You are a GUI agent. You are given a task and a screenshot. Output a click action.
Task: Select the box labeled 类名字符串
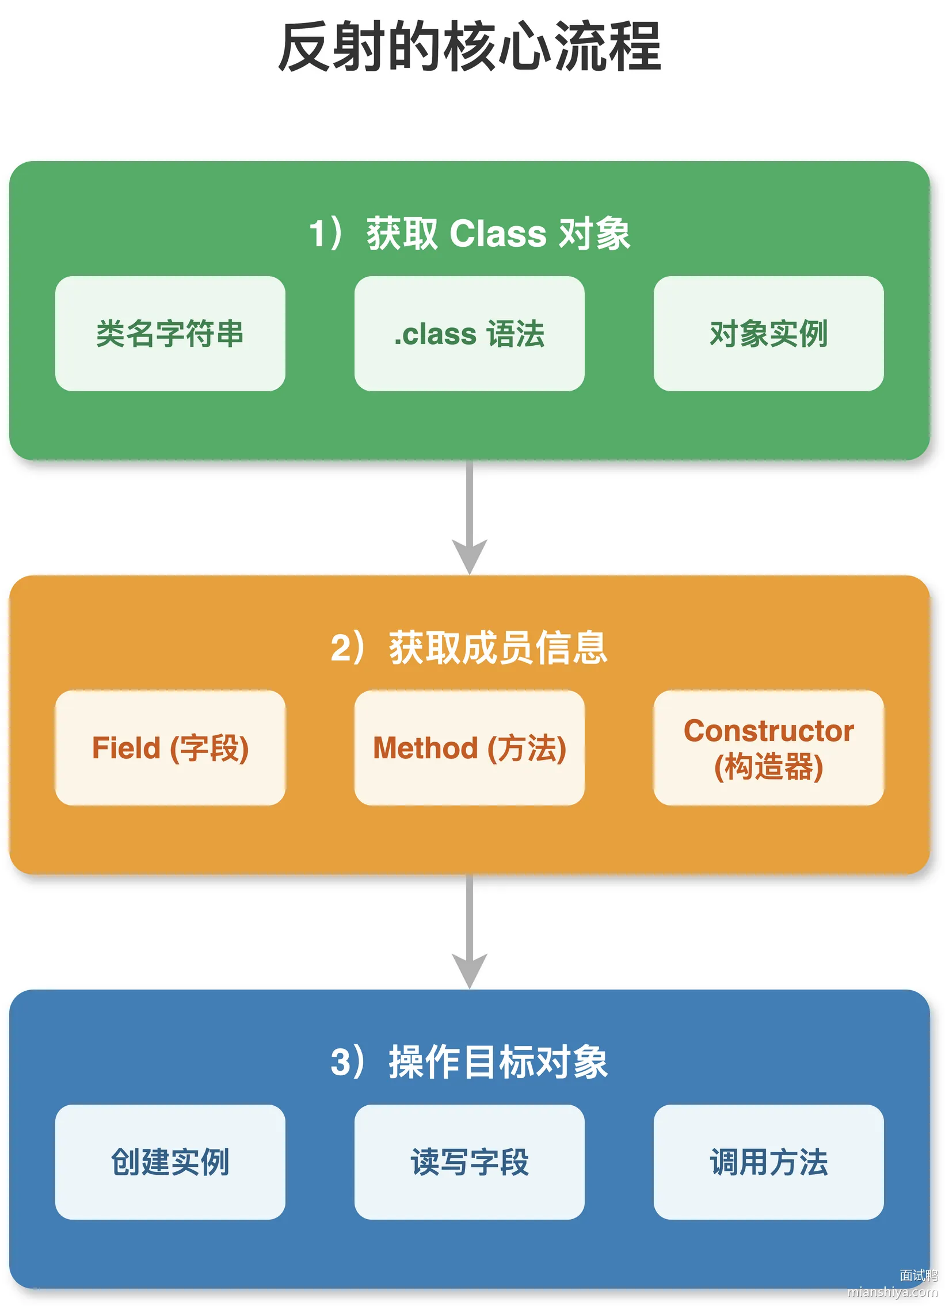[x=170, y=334]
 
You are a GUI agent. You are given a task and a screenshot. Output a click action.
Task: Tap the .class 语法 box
[x=469, y=334]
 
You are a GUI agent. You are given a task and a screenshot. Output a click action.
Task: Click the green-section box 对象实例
[x=769, y=334]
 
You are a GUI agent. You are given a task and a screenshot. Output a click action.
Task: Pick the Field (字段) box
[x=170, y=747]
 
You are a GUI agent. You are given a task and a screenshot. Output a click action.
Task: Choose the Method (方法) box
[x=469, y=747]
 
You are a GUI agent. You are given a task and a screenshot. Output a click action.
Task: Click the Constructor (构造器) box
[x=769, y=747]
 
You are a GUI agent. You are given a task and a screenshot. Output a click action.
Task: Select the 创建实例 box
[x=170, y=1162]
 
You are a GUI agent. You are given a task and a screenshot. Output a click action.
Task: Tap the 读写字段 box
[x=469, y=1162]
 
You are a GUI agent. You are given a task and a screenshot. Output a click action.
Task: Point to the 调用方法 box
[x=769, y=1162]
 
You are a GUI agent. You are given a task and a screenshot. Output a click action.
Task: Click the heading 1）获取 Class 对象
[x=469, y=234]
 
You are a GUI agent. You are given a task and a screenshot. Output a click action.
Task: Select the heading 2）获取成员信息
[x=469, y=648]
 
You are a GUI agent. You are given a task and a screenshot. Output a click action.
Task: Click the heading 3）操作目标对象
[x=469, y=1062]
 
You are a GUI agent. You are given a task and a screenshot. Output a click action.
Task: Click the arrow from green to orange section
[x=469, y=517]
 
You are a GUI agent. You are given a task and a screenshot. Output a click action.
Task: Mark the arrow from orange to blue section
[x=469, y=931]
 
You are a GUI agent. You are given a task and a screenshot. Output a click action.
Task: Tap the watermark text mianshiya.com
[x=893, y=1292]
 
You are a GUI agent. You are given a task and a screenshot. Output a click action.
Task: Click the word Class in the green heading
[x=498, y=234]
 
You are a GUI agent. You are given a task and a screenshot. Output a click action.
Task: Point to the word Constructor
[x=769, y=731]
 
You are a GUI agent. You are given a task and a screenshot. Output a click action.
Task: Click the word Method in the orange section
[x=425, y=748]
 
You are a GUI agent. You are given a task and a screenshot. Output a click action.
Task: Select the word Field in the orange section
[x=126, y=748]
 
